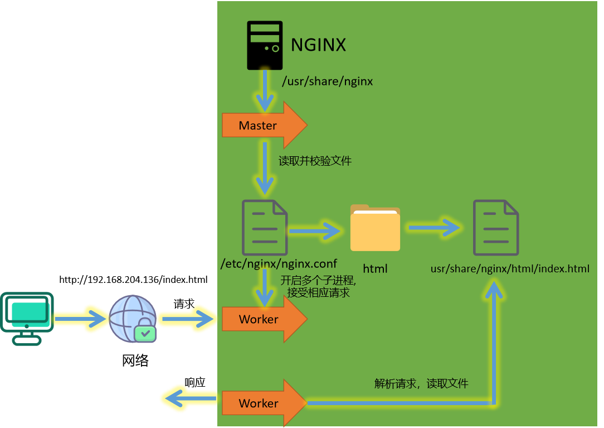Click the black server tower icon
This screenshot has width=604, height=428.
tap(265, 45)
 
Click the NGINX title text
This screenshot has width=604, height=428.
tap(318, 45)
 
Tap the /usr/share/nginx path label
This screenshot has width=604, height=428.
tap(327, 81)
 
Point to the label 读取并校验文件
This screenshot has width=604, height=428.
tap(315, 161)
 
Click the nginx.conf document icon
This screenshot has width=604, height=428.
tap(264, 228)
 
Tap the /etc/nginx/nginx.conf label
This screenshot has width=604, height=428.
tap(279, 263)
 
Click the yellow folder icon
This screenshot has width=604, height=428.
tap(375, 228)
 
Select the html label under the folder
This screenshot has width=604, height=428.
tap(375, 269)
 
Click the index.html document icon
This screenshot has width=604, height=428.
tap(495, 228)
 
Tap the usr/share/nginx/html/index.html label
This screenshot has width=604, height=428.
tap(510, 269)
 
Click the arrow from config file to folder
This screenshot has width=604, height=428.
tap(314, 230)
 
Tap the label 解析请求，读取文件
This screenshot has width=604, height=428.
tap(421, 383)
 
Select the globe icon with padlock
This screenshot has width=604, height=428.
tap(133, 319)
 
